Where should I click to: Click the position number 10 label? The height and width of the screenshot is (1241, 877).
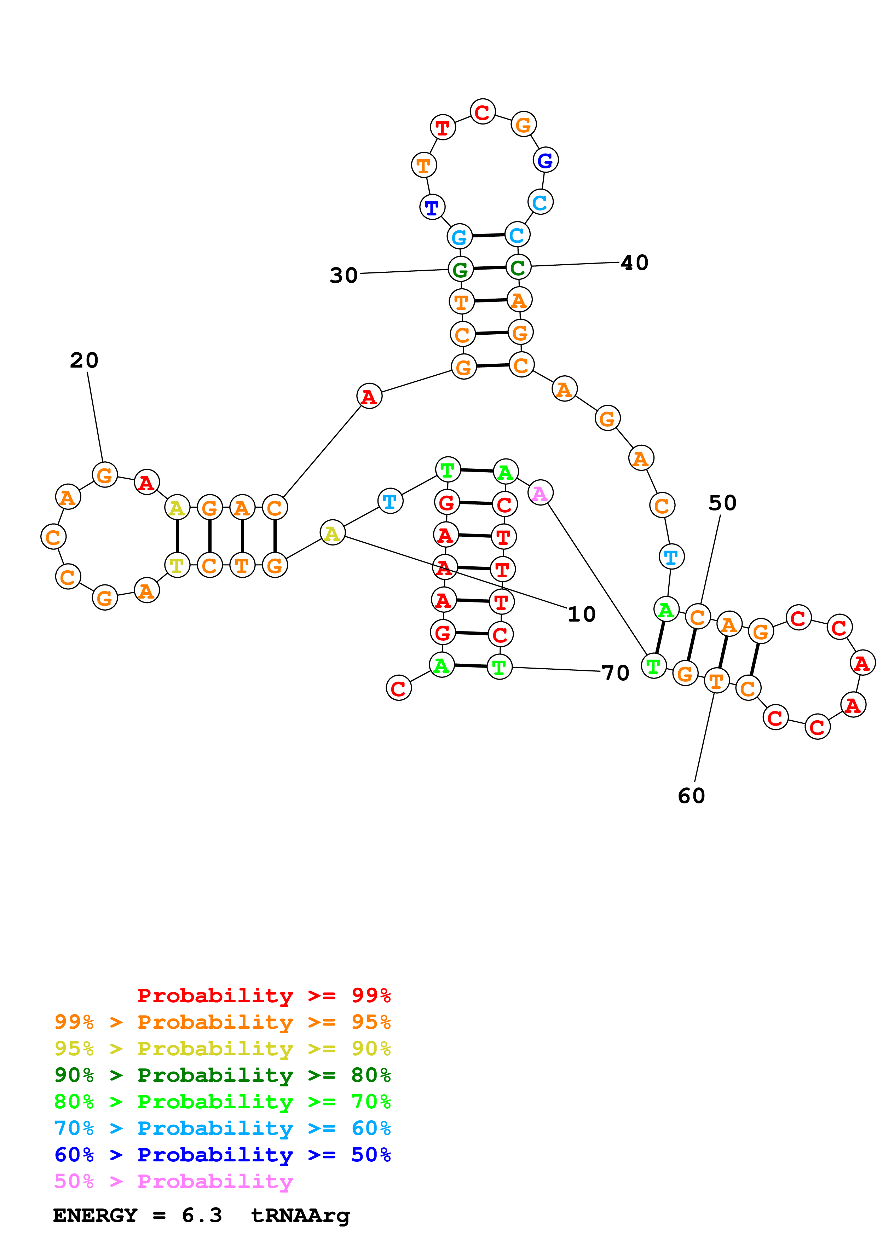point(582,614)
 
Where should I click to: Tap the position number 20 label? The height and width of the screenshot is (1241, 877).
point(84,360)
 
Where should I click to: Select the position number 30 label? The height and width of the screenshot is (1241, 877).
point(344,275)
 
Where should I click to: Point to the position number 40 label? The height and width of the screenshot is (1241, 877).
point(634,263)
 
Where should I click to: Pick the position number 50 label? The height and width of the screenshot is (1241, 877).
point(722,503)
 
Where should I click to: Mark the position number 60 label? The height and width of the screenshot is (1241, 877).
point(691,796)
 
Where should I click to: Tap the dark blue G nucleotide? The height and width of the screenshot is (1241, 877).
point(545,160)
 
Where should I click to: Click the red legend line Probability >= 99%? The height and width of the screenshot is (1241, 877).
point(264,995)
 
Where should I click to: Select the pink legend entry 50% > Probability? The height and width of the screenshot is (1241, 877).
point(173,1181)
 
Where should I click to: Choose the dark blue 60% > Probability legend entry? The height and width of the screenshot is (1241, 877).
point(222,1155)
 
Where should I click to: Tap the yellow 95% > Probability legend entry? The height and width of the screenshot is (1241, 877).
point(222,1048)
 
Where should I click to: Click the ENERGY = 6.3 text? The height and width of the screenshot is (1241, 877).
point(137,1216)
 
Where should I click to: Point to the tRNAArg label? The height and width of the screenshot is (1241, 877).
point(300,1216)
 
